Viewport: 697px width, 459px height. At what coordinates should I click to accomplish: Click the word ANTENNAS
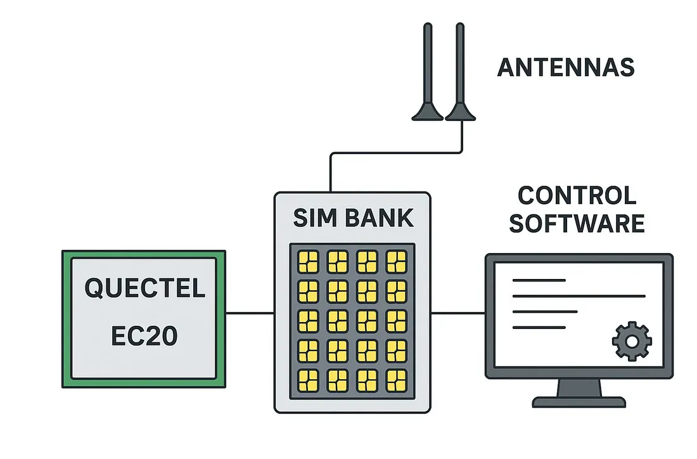[565, 68]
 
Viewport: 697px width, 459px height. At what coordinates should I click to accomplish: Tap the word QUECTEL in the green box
[144, 288]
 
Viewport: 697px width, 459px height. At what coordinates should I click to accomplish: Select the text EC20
[144, 336]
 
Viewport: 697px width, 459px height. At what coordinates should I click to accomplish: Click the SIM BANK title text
[353, 217]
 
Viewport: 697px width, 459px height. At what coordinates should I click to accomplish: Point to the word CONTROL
[577, 196]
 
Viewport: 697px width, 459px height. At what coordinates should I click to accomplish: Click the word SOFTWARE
[577, 224]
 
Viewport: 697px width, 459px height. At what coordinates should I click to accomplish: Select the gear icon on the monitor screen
[631, 341]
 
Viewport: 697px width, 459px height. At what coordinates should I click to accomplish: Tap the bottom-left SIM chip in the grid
[308, 380]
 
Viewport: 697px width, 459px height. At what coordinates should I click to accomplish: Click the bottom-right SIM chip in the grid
[397, 380]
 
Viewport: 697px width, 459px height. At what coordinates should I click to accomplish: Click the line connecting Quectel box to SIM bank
[250, 313]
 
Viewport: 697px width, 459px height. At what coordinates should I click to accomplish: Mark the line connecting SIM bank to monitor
[457, 313]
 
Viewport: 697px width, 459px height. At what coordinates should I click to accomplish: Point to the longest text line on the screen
[578, 295]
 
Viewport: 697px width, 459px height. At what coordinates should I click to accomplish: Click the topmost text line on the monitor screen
[538, 280]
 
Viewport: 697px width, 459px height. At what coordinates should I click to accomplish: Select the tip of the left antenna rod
[428, 27]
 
